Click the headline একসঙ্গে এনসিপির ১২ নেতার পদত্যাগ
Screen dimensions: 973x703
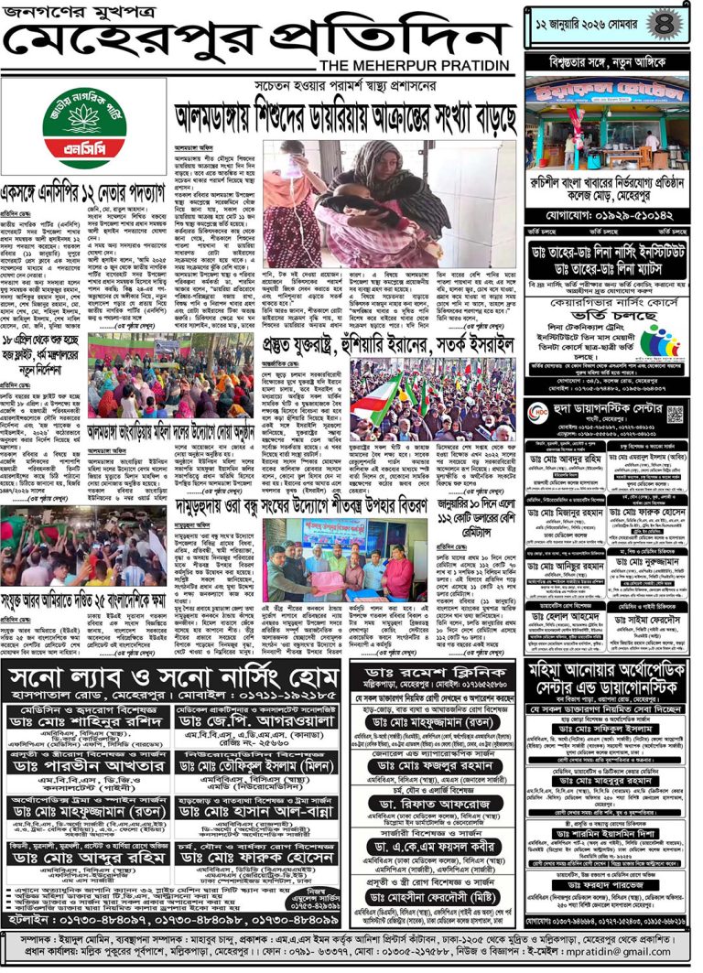point(84,195)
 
